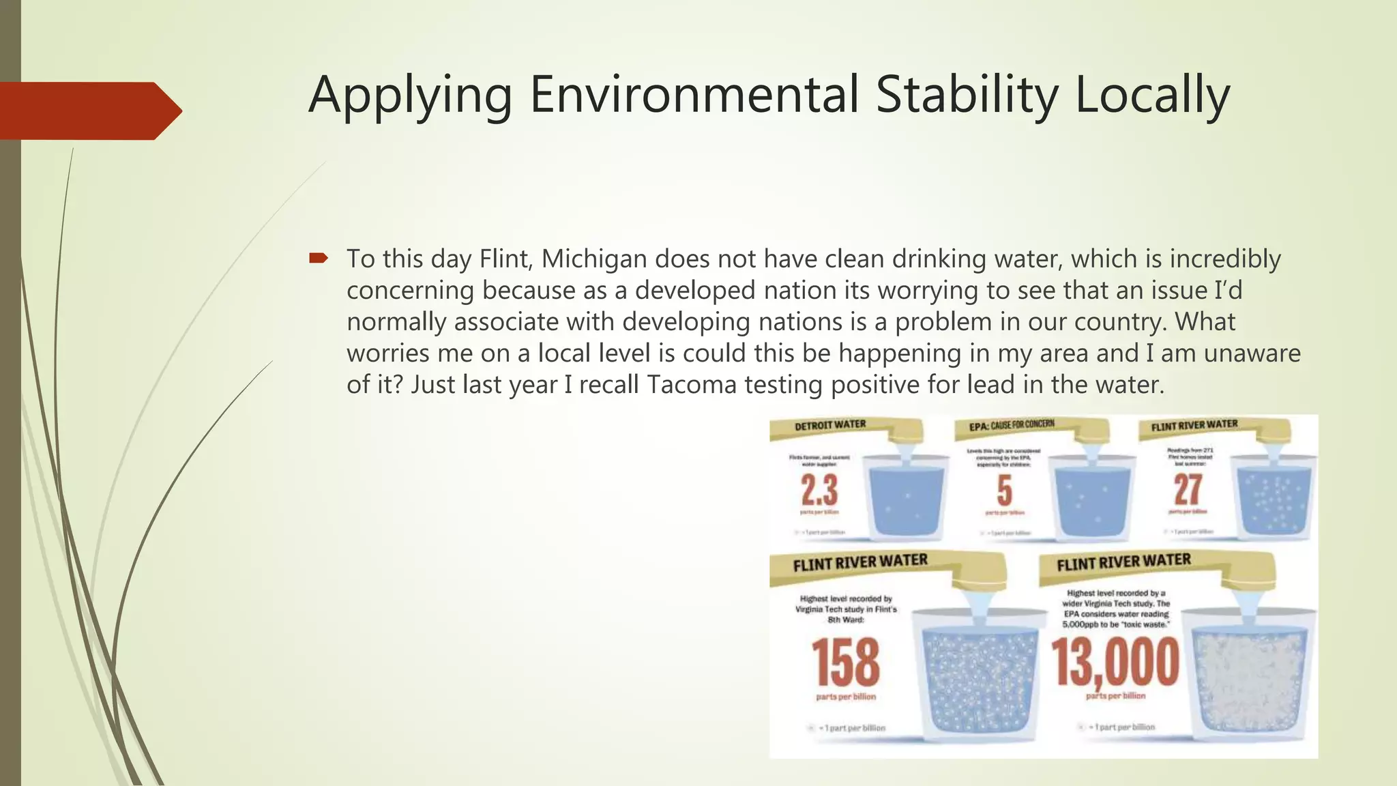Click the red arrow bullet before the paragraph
(x=318, y=258)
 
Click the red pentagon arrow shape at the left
(x=89, y=111)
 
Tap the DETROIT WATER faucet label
(x=829, y=425)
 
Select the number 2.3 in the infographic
(x=819, y=490)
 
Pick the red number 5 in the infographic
(x=1004, y=491)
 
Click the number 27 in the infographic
(x=1188, y=490)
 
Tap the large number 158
(x=845, y=663)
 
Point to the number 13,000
(x=1115, y=663)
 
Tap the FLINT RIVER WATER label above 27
(x=1194, y=425)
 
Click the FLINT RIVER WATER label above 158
(x=859, y=562)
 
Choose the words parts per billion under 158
(x=846, y=697)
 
